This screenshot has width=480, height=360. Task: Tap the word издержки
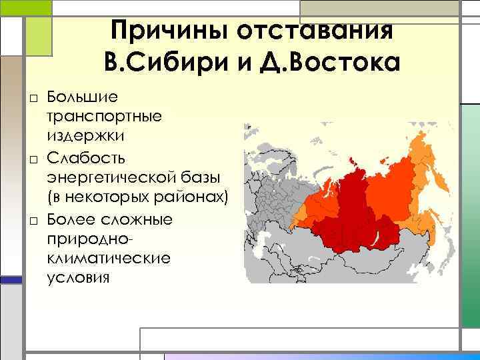(86, 135)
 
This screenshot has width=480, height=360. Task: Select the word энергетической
(109, 177)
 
